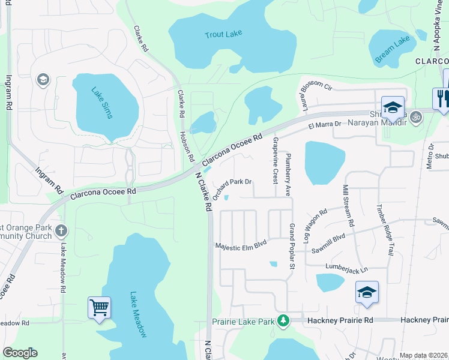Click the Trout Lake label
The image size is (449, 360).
(223, 34)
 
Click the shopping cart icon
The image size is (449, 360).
(99, 308)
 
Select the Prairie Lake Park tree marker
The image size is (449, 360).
(283, 321)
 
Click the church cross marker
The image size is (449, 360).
(61, 230)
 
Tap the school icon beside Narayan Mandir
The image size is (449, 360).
(392, 107)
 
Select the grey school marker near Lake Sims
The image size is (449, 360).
(43, 80)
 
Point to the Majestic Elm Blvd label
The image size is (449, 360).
(241, 245)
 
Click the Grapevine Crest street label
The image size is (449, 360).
(275, 160)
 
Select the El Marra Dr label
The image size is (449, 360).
(325, 124)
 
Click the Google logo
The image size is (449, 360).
(20, 353)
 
